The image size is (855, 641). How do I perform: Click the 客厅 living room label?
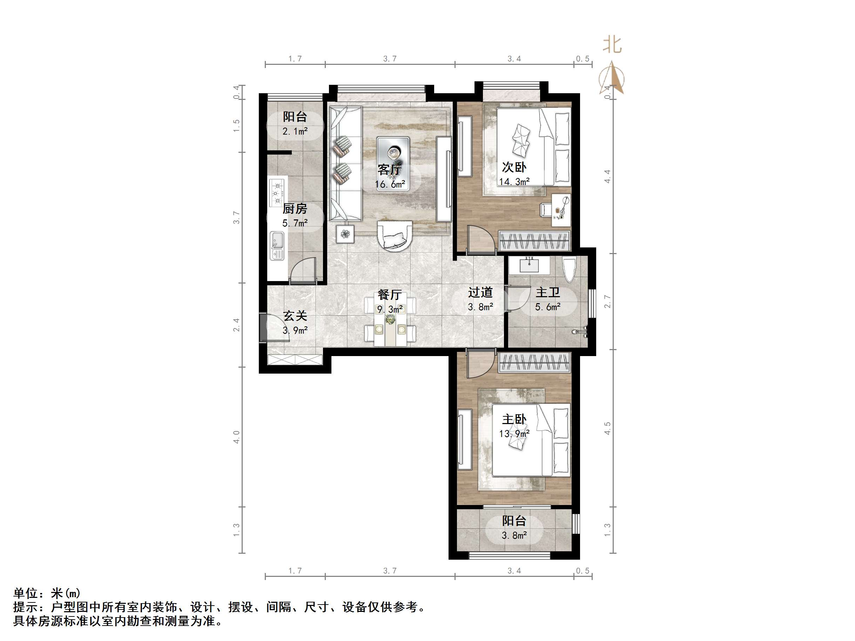click(390, 169)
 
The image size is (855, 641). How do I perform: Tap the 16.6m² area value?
click(390, 184)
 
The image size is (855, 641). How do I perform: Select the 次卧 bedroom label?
click(514, 167)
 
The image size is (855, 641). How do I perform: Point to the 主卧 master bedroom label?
click(514, 419)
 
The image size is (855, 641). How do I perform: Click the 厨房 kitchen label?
click(295, 209)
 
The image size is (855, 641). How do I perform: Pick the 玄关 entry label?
click(295, 316)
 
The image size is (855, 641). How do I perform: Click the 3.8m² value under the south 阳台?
click(514, 536)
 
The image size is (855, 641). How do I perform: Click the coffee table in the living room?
click(393, 152)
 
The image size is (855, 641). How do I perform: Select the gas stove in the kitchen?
click(277, 192)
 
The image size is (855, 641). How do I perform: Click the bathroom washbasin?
click(529, 265)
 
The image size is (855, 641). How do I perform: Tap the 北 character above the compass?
click(612, 45)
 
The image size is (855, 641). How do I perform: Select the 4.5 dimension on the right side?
click(607, 428)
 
